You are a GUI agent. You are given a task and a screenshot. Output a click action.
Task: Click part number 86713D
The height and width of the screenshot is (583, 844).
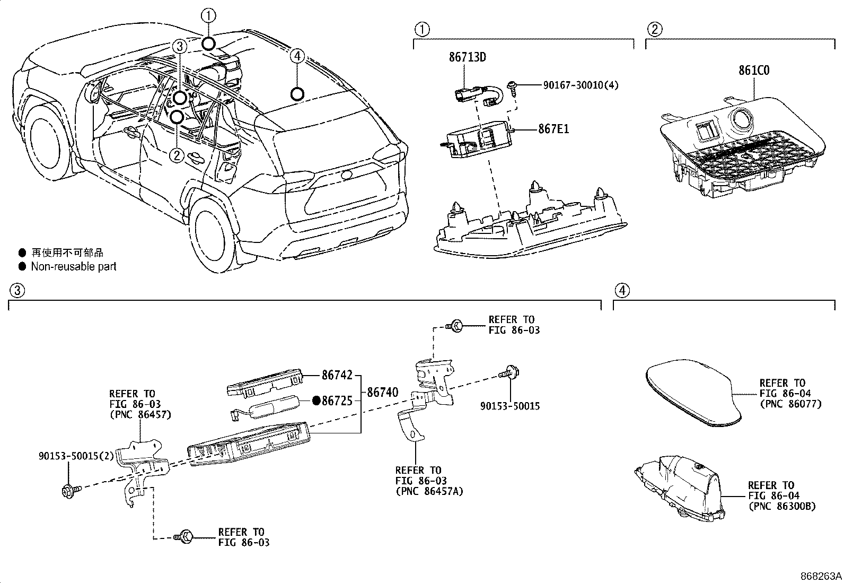[x=467, y=57]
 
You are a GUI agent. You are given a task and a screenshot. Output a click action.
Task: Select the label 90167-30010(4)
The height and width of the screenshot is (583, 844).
[x=580, y=85]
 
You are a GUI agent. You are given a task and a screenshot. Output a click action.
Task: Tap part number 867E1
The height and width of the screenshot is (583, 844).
[x=553, y=129]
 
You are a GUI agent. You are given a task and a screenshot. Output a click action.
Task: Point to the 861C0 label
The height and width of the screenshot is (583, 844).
[x=754, y=71]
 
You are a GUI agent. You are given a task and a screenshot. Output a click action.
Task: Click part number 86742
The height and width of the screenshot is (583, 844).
[x=337, y=375]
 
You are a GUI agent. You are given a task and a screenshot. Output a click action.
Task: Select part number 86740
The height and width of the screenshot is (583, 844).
[x=382, y=393]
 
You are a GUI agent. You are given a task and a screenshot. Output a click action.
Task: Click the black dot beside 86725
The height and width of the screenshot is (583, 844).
[x=316, y=401]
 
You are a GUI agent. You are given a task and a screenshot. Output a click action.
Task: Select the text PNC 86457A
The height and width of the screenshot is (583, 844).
[x=429, y=491]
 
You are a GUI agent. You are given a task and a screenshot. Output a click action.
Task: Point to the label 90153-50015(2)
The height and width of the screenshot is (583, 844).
[x=76, y=456]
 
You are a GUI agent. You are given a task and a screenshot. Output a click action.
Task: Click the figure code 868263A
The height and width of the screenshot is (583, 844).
[x=821, y=576]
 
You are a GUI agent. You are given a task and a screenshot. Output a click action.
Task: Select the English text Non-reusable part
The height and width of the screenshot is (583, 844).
[x=73, y=266]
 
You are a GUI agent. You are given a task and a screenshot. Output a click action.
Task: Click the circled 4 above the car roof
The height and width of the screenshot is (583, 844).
[x=297, y=55]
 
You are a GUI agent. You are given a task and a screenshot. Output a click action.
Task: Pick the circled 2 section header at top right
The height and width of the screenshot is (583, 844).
[x=654, y=29]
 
